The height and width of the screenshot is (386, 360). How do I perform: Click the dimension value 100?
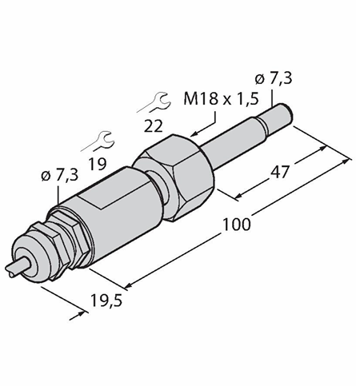(x=237, y=225)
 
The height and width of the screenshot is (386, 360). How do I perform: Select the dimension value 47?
(x=280, y=172)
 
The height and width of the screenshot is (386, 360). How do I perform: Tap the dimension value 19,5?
(x=106, y=300)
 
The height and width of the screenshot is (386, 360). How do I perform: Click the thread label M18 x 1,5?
(x=221, y=99)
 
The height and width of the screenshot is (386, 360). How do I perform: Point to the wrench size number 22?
(x=153, y=126)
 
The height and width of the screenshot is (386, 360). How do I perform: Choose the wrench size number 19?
(x=98, y=164)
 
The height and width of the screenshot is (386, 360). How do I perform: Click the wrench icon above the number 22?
(x=154, y=102)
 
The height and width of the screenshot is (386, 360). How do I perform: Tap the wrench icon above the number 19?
(x=98, y=141)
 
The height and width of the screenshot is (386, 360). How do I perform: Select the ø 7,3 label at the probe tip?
(x=274, y=78)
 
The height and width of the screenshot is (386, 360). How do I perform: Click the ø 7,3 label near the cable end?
(x=60, y=175)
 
